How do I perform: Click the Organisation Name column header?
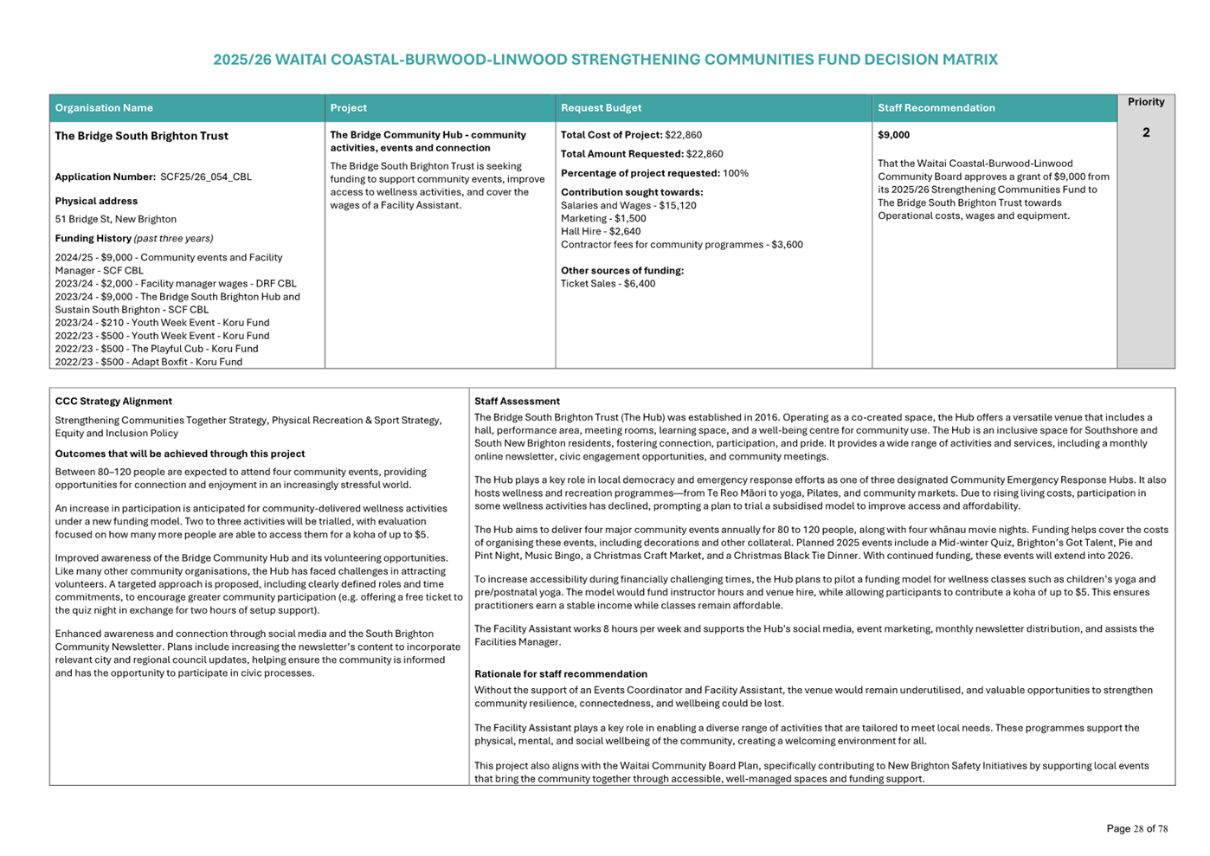[x=104, y=108]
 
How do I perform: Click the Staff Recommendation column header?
[x=936, y=108]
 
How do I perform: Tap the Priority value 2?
[x=1145, y=133]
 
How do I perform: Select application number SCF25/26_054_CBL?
[x=205, y=177]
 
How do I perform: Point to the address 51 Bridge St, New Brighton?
[x=116, y=220]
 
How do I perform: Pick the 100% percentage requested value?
[x=736, y=173]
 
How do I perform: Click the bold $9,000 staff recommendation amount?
[x=893, y=135]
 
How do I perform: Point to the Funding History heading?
[x=93, y=239]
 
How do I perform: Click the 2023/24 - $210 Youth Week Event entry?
[x=162, y=323]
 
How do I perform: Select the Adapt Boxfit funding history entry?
[x=149, y=362]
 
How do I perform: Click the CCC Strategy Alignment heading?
[x=113, y=402]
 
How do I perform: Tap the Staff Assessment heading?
[x=517, y=402]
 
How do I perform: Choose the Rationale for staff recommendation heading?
[x=561, y=674]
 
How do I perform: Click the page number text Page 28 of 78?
[x=1136, y=829]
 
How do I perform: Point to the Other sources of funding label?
[x=622, y=271]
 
